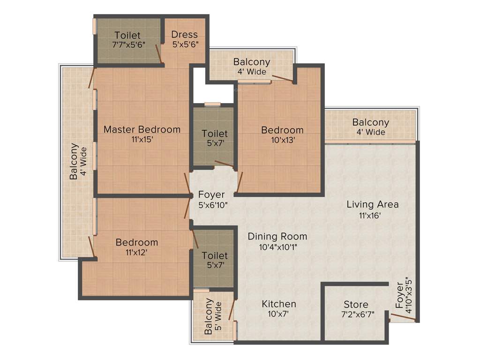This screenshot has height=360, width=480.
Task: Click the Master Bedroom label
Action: point(142,129)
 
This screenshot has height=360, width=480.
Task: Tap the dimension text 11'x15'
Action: point(142,139)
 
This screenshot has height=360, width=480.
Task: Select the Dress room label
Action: point(184,35)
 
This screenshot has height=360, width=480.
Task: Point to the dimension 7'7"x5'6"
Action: point(127,45)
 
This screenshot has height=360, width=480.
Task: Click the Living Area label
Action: point(373,204)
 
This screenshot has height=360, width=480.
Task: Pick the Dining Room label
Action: point(277,236)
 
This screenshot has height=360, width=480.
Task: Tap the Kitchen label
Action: point(279,304)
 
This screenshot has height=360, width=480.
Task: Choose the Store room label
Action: point(356,305)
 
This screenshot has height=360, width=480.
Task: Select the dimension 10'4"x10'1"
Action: point(277,247)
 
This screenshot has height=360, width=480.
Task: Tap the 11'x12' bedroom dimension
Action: point(137,253)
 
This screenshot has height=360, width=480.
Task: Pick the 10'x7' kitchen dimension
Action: point(279,315)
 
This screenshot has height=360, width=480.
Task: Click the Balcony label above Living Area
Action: point(371,122)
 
